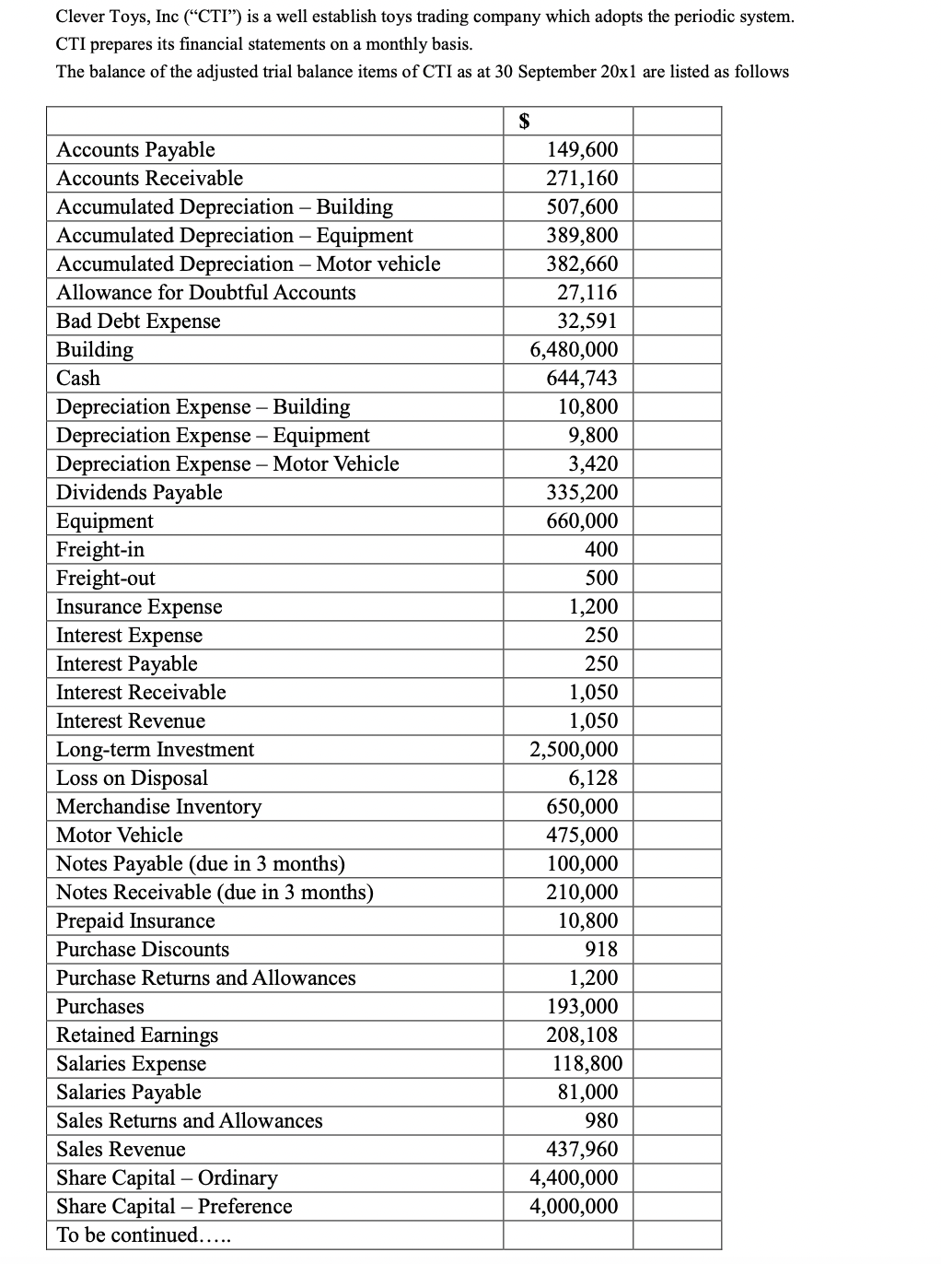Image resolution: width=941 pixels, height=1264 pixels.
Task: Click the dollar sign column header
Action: [525, 121]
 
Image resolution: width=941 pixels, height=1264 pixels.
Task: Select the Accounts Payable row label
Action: [135, 149]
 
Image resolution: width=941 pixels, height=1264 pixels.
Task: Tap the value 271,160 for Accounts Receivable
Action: [582, 178]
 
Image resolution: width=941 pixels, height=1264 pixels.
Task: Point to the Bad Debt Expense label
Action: [138, 321]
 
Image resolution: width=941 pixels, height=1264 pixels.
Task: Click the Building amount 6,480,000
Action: [574, 349]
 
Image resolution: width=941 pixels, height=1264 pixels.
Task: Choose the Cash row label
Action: [78, 378]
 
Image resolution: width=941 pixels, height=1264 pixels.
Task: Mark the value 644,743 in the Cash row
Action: [582, 378]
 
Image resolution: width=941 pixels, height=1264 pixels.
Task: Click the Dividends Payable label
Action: [139, 492]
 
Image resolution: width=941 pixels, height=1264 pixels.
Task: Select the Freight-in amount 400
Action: [601, 549]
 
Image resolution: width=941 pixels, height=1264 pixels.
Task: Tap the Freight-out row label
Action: [106, 578]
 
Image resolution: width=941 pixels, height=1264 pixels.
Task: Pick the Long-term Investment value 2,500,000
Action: [574, 749]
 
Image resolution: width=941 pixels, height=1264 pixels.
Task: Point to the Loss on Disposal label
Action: [132, 778]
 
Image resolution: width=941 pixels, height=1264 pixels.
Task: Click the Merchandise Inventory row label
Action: [158, 806]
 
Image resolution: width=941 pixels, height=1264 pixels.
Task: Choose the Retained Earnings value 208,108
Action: [582, 1035]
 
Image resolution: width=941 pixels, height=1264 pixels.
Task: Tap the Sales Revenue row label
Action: [121, 1149]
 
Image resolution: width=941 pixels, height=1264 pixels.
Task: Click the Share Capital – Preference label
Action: [174, 1206]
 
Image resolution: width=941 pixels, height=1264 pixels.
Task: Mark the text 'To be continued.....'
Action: [143, 1235]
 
